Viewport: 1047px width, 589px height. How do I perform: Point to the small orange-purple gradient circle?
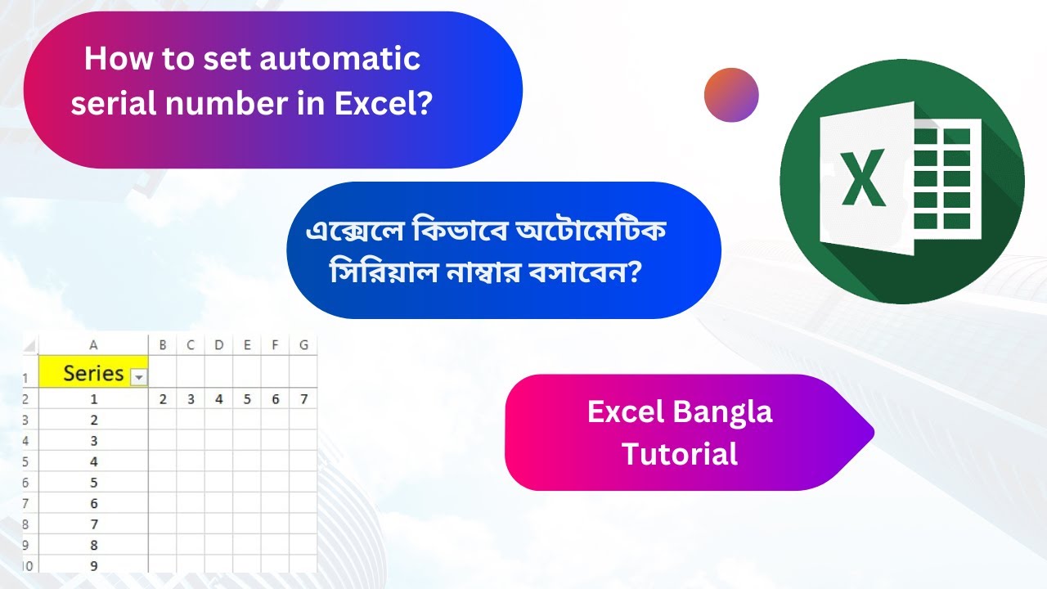coord(731,95)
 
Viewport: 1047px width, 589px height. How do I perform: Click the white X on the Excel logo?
coord(863,173)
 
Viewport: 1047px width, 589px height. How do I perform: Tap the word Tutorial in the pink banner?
coord(680,453)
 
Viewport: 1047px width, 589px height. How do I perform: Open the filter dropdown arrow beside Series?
coord(139,377)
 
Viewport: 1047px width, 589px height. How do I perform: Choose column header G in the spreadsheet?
coord(303,345)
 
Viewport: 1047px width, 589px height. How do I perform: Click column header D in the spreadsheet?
coord(218,345)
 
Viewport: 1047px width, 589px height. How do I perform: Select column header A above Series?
coord(93,345)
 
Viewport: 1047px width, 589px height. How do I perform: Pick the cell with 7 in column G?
coord(303,399)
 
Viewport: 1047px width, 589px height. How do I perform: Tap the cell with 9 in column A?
coord(93,565)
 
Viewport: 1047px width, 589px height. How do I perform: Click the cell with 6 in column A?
coord(93,503)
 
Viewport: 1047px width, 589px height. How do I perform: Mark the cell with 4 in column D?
coord(218,399)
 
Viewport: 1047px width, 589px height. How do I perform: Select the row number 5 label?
coord(26,462)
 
